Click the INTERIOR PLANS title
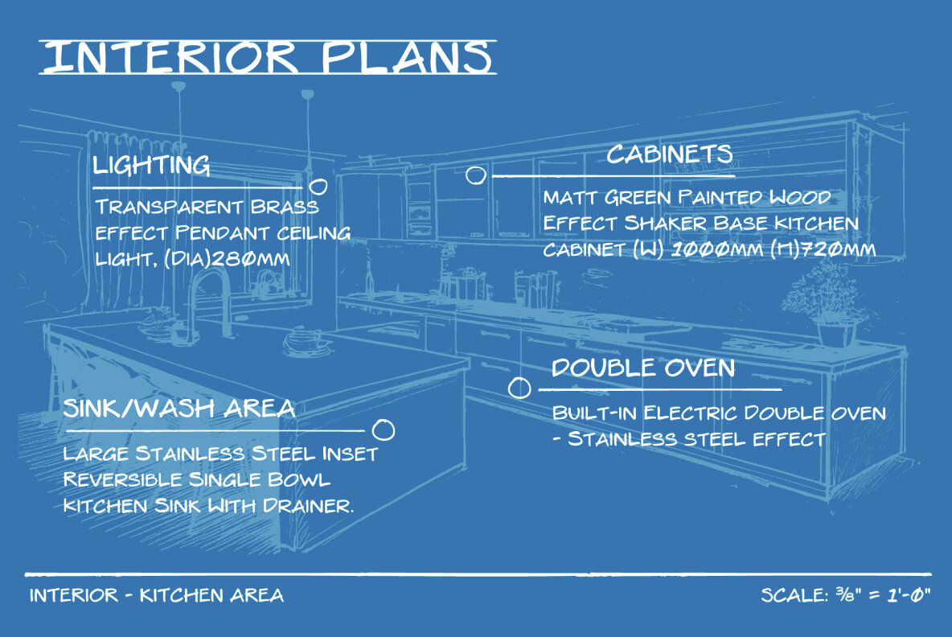(267, 57)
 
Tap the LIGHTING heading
(151, 166)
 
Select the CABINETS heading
(669, 154)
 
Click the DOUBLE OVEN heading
(642, 368)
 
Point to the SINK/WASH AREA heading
(179, 409)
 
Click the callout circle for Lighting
(318, 187)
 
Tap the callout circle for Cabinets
(476, 175)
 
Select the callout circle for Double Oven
(520, 388)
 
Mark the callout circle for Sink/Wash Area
(385, 430)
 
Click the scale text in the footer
(845, 596)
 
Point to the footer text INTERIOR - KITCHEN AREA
(157, 596)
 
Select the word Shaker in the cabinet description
(650, 223)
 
